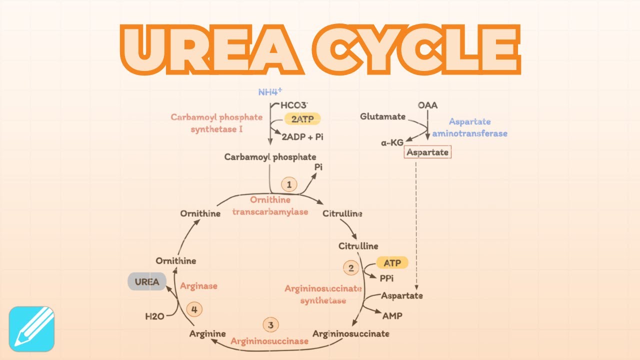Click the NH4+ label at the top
click(x=270, y=92)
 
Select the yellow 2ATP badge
click(x=302, y=118)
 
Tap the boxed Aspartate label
click(x=427, y=152)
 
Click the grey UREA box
click(x=147, y=281)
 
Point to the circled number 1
click(x=288, y=184)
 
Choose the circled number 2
click(x=351, y=268)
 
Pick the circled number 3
click(x=270, y=325)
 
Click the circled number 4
click(x=194, y=309)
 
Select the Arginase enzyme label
click(x=198, y=286)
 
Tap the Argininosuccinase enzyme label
click(x=269, y=341)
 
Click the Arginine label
click(x=207, y=333)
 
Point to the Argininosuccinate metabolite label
click(x=350, y=333)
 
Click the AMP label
click(x=392, y=316)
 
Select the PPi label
click(x=387, y=278)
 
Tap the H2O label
click(x=155, y=316)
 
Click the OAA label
click(x=427, y=105)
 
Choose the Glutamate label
click(x=382, y=116)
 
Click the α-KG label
click(x=392, y=142)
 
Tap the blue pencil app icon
click(x=31, y=328)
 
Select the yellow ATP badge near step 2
click(x=392, y=262)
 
